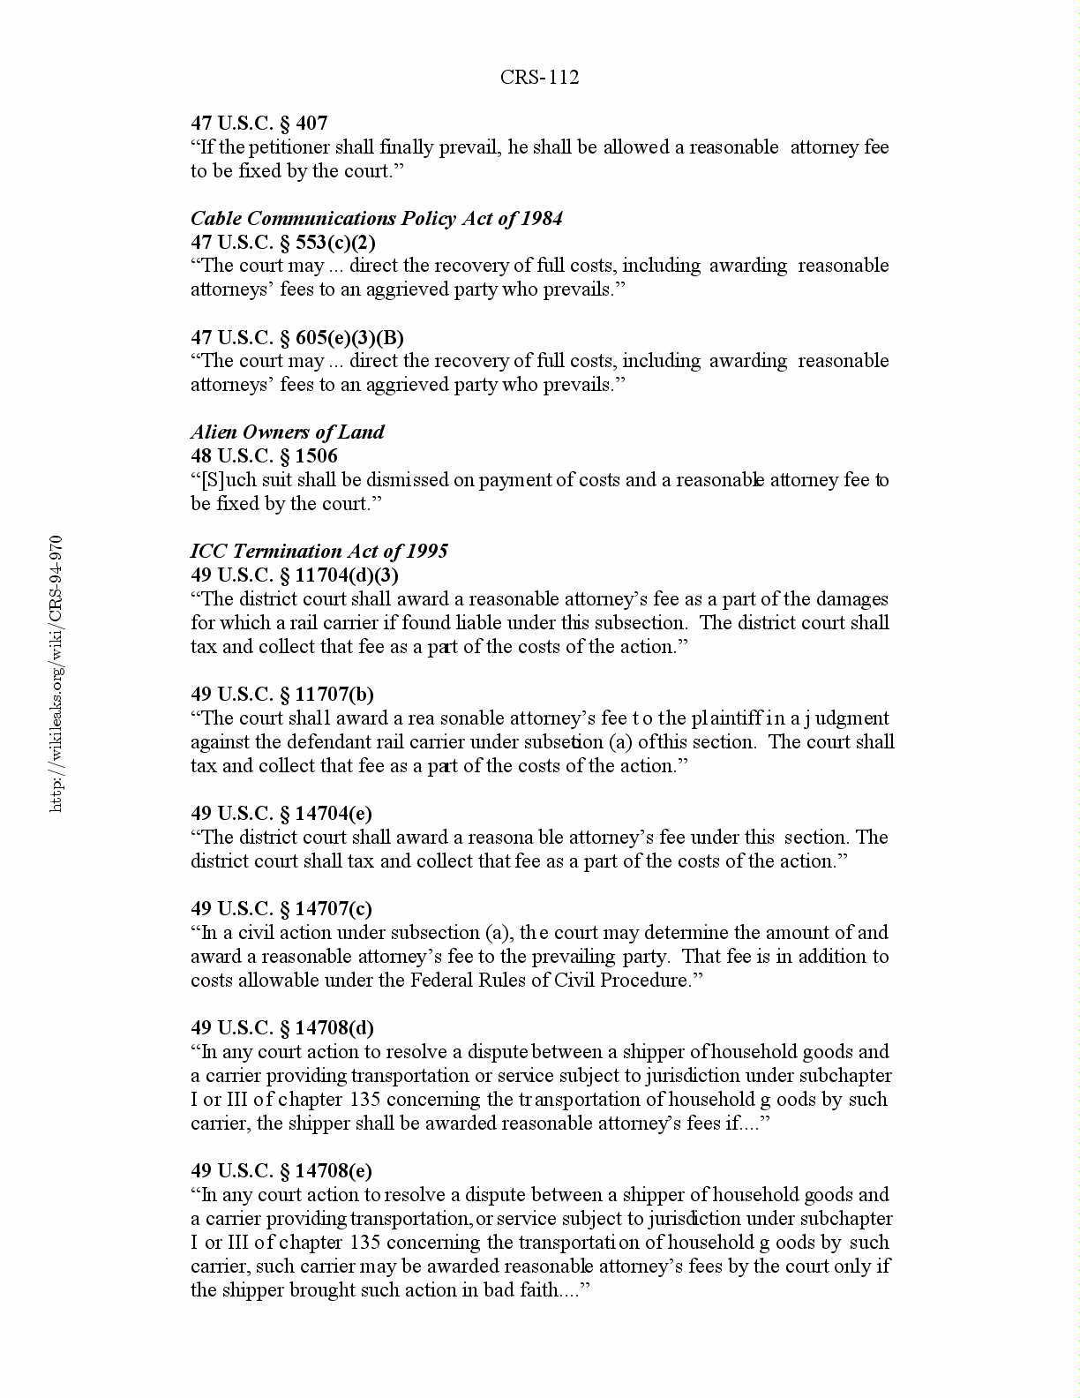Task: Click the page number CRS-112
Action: (x=539, y=78)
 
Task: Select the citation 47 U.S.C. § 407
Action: (x=259, y=124)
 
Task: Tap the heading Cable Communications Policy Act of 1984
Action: (x=377, y=219)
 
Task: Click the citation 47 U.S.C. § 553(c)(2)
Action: (x=283, y=243)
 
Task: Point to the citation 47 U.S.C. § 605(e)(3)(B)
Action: (x=297, y=338)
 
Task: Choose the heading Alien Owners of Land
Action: (x=288, y=432)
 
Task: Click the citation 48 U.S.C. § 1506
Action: (x=264, y=456)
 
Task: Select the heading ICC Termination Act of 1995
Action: (x=319, y=552)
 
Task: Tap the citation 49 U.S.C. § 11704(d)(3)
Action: (x=295, y=575)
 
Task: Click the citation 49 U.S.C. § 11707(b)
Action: (x=282, y=695)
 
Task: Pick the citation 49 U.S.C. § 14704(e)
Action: (x=281, y=814)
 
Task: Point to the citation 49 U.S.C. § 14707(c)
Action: (x=281, y=909)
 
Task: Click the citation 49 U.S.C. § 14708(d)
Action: (x=282, y=1028)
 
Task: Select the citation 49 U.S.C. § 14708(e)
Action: (x=281, y=1171)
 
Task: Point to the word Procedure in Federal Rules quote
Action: (x=645, y=981)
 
